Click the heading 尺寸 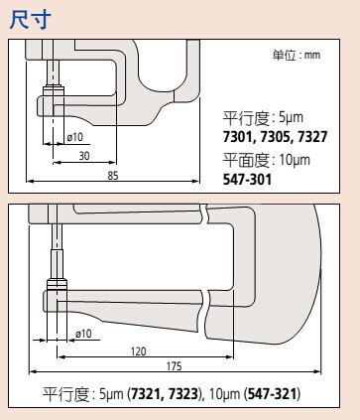click(x=30, y=20)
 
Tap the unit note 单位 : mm click(x=297, y=55)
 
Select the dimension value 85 click(x=113, y=176)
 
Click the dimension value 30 click(x=84, y=156)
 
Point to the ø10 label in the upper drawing click(x=75, y=137)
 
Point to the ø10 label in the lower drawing click(x=83, y=334)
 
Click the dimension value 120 click(x=138, y=351)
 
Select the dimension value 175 click(x=174, y=366)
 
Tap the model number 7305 click(x=275, y=137)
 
